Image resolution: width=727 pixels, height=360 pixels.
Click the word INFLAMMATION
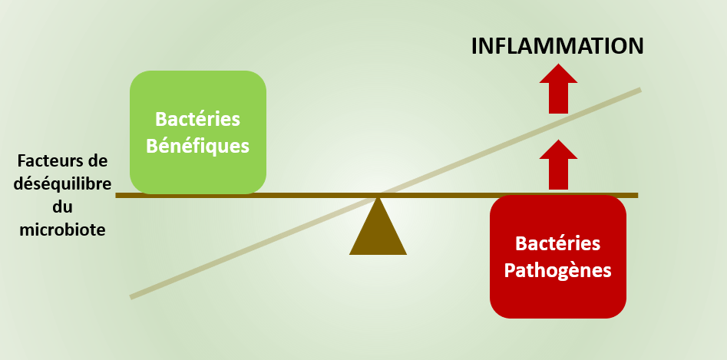tap(557, 46)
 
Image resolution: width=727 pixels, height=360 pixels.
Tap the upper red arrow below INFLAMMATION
tap(558, 89)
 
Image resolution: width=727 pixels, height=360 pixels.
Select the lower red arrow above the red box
tap(558, 165)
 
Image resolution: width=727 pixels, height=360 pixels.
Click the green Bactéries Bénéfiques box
tap(198, 132)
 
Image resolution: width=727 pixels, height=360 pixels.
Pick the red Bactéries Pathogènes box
tap(558, 256)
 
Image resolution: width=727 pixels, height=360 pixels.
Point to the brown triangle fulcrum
tap(378, 226)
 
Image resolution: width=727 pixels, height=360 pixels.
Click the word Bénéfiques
tap(198, 146)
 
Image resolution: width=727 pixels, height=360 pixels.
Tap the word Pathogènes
tap(558, 271)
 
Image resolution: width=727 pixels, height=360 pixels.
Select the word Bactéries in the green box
tap(198, 119)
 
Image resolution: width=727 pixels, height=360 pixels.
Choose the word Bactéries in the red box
tap(558, 243)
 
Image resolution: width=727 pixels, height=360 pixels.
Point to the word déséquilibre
tap(63, 184)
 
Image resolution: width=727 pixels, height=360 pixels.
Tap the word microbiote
tap(63, 230)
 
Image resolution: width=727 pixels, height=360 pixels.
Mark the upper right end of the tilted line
tap(640, 89)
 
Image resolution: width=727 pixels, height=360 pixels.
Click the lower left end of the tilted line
tap(131, 297)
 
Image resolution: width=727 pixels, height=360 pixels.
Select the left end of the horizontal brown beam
tap(117, 196)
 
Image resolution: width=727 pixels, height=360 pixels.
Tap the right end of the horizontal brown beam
tap(637, 196)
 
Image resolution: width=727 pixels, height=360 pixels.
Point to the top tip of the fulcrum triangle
tap(378, 197)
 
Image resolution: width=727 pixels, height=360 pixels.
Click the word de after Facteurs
tap(97, 161)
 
